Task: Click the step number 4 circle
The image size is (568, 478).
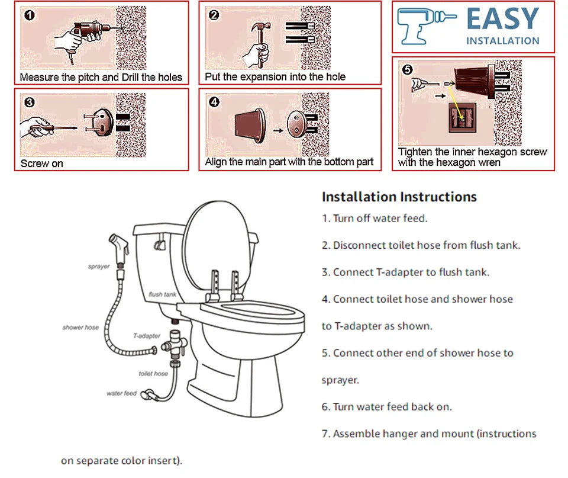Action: pyautogui.click(x=214, y=102)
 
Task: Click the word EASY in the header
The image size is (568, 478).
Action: pyautogui.click(x=502, y=20)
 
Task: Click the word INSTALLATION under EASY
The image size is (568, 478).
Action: pyautogui.click(x=502, y=41)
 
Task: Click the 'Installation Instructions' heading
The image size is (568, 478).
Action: pyautogui.click(x=399, y=197)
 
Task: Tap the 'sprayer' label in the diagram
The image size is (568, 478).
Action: pyautogui.click(x=99, y=267)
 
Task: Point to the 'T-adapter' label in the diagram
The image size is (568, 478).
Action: pyautogui.click(x=146, y=336)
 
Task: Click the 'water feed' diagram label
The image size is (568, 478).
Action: pyautogui.click(x=121, y=393)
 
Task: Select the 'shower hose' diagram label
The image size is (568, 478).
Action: pyautogui.click(x=80, y=328)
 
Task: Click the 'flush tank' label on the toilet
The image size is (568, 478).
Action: pyautogui.click(x=162, y=294)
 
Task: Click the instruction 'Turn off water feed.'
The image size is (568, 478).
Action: pyautogui.click(x=375, y=219)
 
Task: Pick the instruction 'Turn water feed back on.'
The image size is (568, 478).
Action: pyautogui.click(x=387, y=407)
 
